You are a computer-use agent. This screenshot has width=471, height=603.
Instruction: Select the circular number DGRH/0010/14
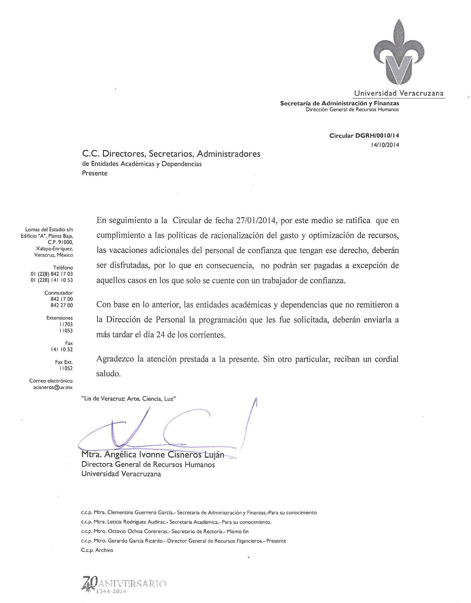(377, 135)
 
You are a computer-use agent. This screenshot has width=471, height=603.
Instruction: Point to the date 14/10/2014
(385, 145)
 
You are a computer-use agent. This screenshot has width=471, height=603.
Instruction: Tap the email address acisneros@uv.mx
(53, 387)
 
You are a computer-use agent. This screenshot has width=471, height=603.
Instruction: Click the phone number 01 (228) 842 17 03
(52, 274)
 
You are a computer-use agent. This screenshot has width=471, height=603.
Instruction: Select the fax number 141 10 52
(62, 350)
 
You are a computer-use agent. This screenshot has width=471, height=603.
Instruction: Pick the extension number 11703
(66, 324)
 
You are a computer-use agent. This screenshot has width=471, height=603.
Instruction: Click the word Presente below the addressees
(95, 173)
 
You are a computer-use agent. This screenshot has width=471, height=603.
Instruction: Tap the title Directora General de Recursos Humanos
(148, 464)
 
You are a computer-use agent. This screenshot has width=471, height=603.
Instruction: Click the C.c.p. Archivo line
(97, 550)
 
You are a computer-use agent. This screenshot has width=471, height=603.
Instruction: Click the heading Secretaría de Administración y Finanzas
(339, 103)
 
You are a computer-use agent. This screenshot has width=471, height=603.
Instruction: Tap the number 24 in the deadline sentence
(161, 335)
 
